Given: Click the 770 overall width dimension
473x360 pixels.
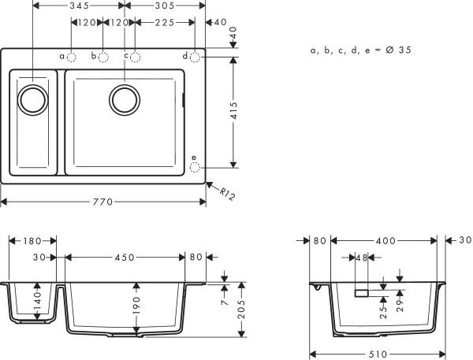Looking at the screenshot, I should coord(103,202).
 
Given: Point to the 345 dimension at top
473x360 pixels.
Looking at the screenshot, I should coord(77,6).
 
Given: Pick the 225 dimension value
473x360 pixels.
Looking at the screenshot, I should coord(165,23).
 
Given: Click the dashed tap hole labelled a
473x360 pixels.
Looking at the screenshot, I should coord(71,57).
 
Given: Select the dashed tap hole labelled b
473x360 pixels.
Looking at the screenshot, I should coord(103,57).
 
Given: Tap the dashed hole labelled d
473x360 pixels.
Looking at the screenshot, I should coord(196,57).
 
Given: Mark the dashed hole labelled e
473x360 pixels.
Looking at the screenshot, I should coord(196,167).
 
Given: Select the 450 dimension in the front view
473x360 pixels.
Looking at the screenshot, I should coord(124,257).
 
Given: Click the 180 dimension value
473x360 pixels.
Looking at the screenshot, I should coord(32,241).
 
